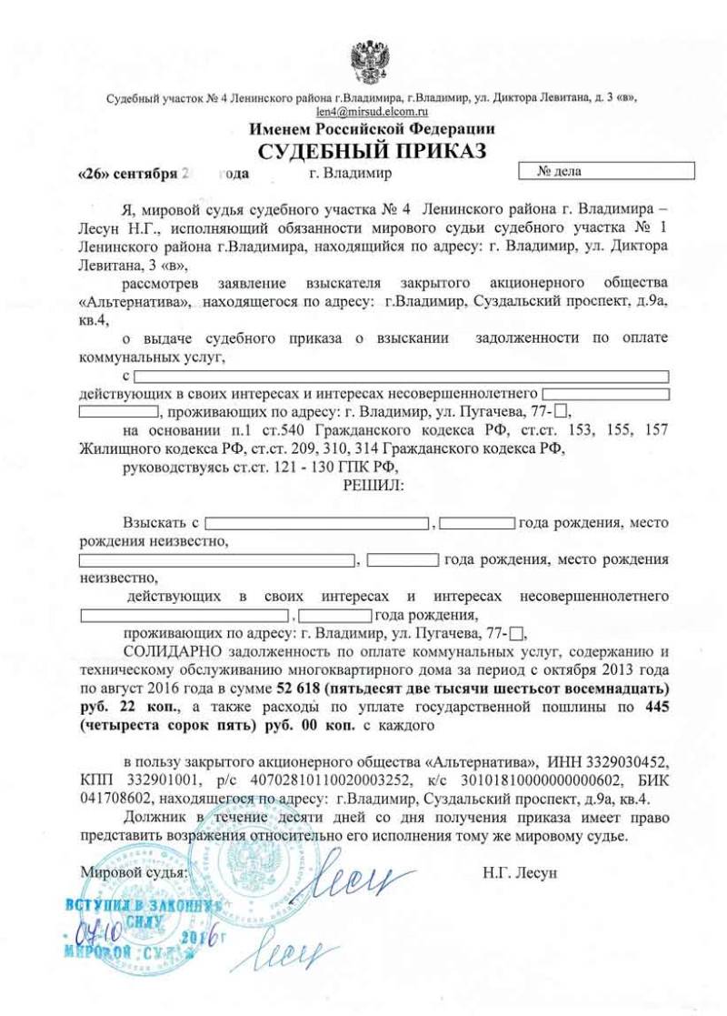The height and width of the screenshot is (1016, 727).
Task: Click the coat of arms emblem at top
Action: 371,61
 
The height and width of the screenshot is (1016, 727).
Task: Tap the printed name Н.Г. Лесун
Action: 520,872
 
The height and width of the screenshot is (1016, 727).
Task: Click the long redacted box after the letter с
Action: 402,376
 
